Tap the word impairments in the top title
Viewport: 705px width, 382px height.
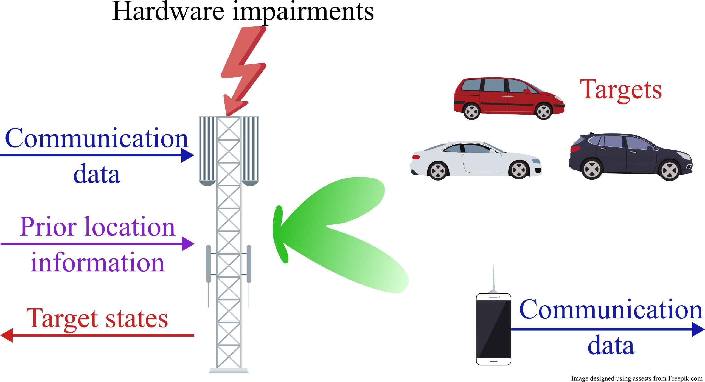(x=303, y=12)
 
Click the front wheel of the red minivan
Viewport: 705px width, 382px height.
(x=544, y=111)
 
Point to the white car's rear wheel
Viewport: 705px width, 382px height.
(x=438, y=171)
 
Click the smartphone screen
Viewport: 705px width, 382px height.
(x=493, y=329)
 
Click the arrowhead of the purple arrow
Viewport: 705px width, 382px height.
(x=188, y=244)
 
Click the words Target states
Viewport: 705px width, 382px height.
(x=97, y=318)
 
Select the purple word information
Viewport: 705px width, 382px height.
(x=97, y=263)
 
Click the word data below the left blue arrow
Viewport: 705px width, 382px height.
(x=97, y=174)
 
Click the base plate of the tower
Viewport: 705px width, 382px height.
(x=229, y=371)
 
